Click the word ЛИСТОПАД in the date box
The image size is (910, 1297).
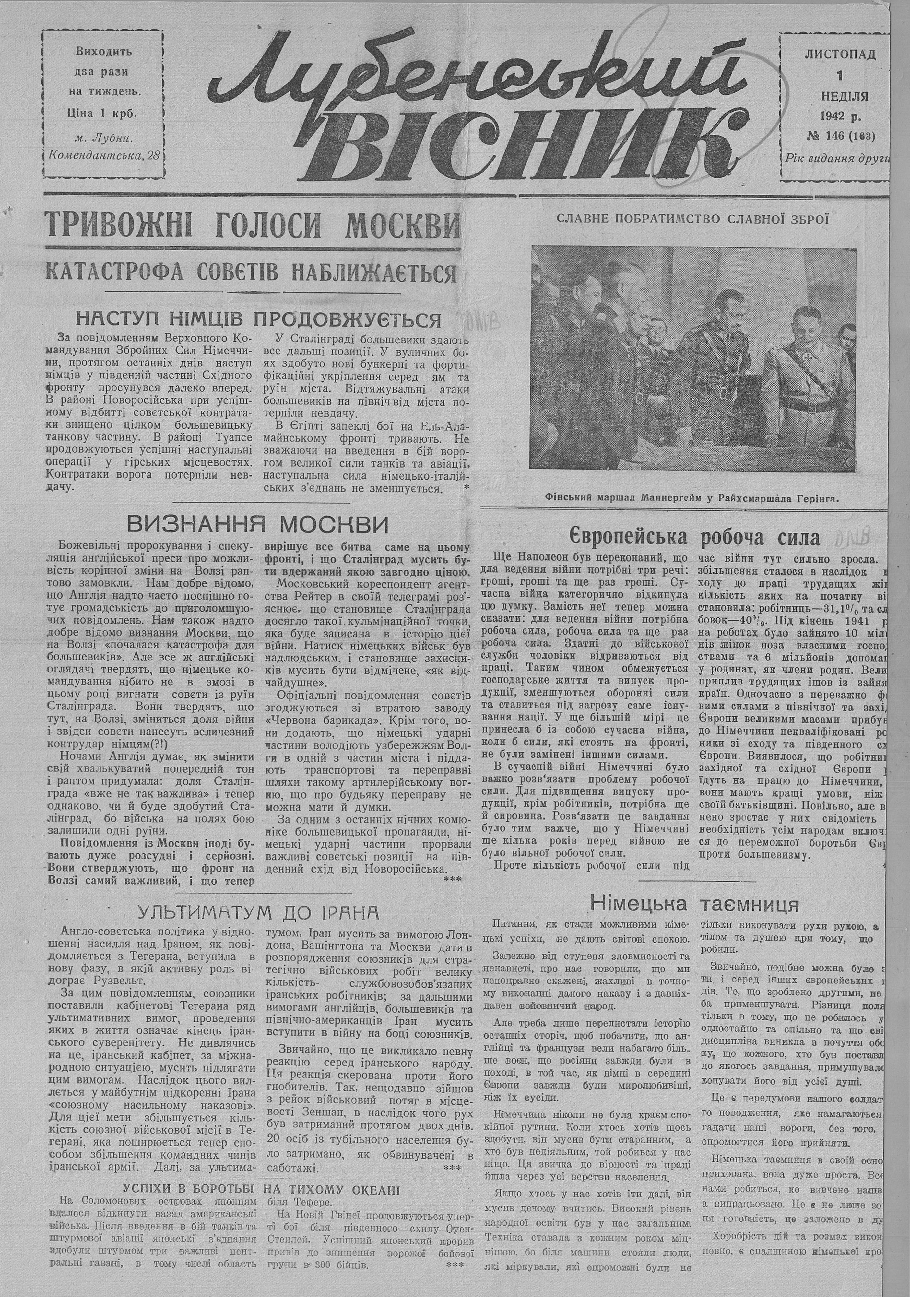coord(840,55)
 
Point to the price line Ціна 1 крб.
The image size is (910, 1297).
coord(103,113)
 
